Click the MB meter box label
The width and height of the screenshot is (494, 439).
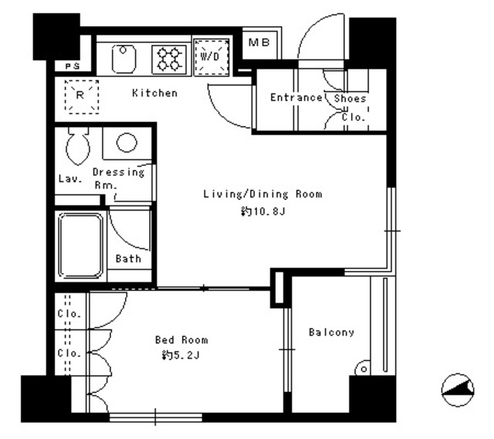[259, 42]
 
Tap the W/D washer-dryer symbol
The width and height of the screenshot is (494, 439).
[211, 57]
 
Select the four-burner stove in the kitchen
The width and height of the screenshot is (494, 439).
[169, 59]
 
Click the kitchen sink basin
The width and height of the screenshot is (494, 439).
[123, 59]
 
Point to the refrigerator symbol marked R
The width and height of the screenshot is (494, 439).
[82, 96]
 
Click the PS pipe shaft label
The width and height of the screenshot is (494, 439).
[73, 66]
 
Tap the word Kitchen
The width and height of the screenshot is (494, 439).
[154, 93]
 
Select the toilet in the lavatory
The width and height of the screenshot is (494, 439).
[78, 146]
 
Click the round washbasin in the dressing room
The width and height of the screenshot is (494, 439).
[127, 142]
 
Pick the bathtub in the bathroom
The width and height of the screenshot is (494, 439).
[81, 246]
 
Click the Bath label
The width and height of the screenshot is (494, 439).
[128, 258]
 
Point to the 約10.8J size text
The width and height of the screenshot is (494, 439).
[263, 211]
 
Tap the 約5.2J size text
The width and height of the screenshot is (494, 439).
[181, 355]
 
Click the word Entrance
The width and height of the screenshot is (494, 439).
[296, 97]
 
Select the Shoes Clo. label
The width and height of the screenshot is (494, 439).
[350, 108]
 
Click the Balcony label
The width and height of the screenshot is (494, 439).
[331, 333]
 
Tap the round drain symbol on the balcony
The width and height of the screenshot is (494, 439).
[364, 369]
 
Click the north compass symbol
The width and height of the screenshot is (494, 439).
[458, 390]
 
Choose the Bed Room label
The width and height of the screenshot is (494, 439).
[181, 339]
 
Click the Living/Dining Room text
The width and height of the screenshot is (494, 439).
[263, 194]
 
